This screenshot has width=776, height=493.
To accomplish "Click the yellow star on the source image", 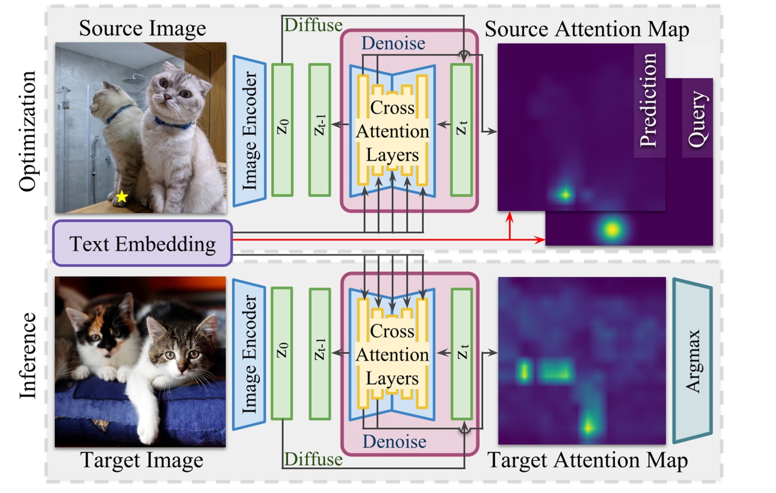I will [122, 197].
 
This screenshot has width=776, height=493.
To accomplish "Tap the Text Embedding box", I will [142, 244].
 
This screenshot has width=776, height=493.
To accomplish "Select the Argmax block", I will [693, 361].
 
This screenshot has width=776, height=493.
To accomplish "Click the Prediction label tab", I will [649, 101].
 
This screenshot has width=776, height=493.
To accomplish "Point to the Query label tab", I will [698, 118].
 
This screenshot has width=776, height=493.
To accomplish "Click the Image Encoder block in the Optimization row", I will [248, 131].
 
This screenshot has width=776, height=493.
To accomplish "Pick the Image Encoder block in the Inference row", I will [248, 354].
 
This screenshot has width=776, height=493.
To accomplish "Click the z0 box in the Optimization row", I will [282, 129].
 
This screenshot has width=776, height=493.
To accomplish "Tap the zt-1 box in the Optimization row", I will [320, 129].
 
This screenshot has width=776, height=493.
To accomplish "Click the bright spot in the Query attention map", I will [611, 229].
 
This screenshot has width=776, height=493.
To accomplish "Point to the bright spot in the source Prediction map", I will [564, 194].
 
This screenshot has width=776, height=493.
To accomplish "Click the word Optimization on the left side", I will [27, 131].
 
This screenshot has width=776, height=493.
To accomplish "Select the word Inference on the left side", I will [27, 355].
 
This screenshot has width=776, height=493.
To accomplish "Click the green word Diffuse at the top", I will [313, 25].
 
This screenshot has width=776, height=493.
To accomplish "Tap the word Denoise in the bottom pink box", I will [394, 442].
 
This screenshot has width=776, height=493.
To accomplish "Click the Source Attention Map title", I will [586, 29].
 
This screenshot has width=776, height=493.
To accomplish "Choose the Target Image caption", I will [142, 461].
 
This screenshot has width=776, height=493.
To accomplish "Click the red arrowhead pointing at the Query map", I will [541, 240].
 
